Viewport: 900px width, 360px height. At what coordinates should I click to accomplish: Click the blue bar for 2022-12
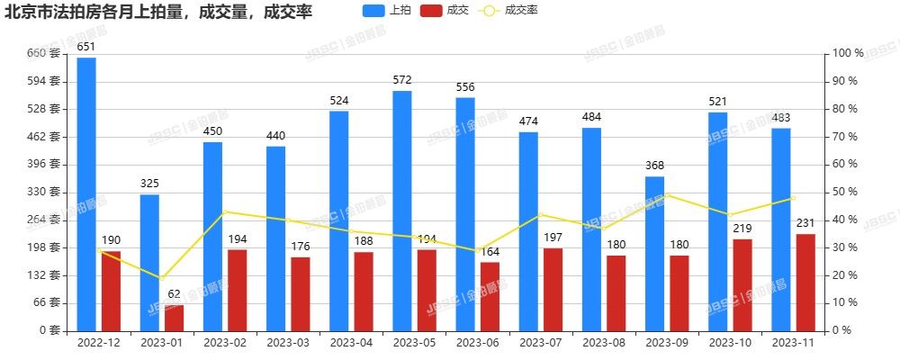86,193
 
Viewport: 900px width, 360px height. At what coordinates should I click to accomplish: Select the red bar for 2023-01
174,318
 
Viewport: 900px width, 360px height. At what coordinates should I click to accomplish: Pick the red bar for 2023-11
805,282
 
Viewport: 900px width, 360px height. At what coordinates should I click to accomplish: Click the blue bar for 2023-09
654,253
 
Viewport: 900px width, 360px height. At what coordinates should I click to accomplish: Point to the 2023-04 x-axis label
350,343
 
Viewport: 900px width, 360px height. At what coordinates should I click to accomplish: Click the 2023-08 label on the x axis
602,343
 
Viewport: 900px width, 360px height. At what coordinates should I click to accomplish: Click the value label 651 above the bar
86,46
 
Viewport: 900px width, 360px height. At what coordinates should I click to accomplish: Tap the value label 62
174,293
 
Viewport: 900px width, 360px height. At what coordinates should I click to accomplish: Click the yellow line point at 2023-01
162,278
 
